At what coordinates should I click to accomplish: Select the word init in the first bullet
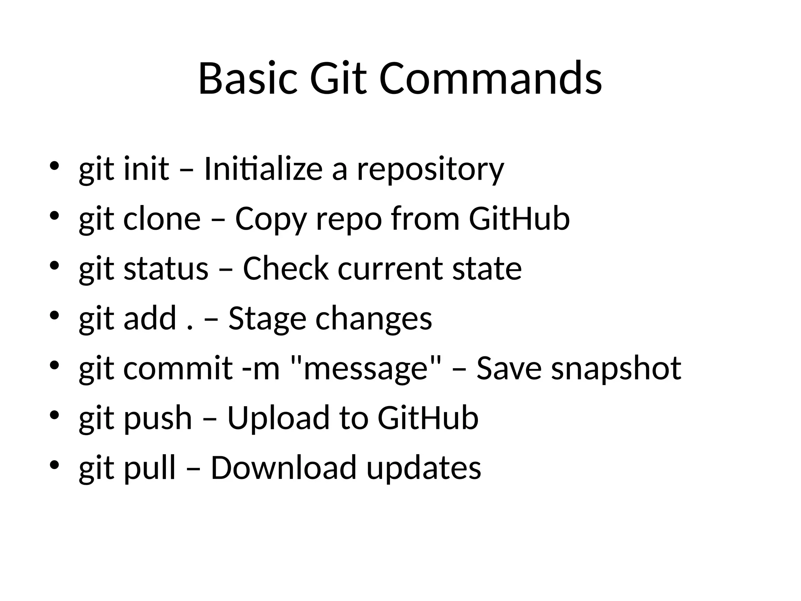146,169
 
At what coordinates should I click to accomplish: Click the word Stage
267,319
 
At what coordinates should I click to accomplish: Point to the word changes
374,319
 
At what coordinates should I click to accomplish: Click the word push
158,419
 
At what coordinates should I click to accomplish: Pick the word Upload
278,419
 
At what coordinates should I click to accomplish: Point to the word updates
423,468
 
